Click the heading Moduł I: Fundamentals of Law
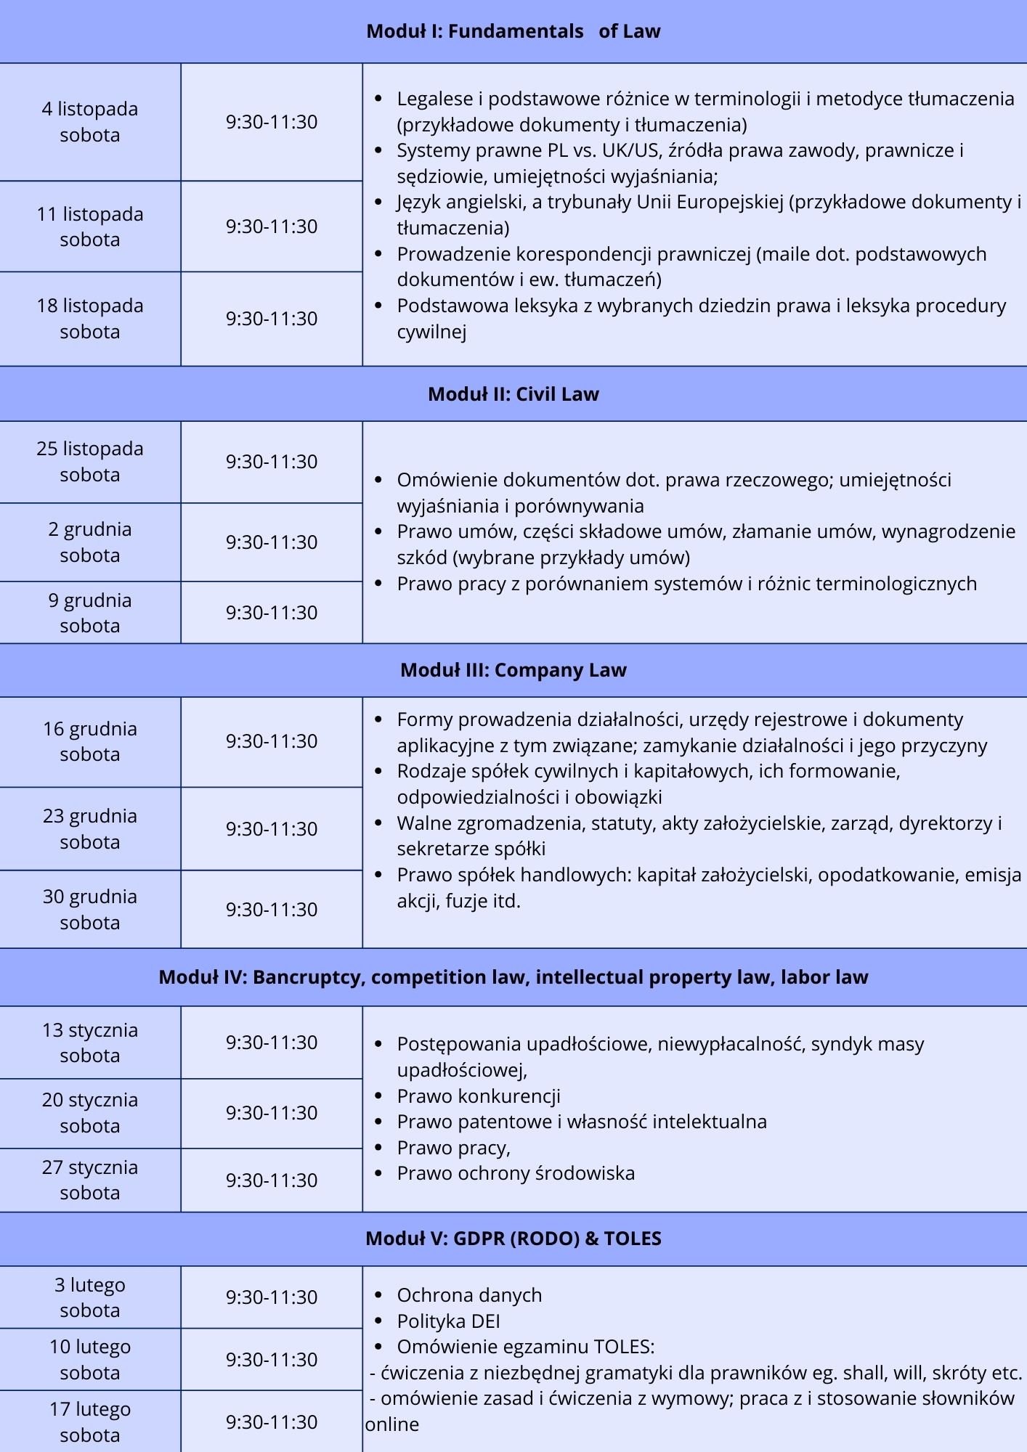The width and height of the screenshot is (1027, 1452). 513,31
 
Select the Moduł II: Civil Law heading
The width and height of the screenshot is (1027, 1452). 513,394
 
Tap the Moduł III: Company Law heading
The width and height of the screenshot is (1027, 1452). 513,670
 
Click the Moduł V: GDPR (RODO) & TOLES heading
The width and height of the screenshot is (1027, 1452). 513,1238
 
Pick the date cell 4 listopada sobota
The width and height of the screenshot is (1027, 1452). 90,122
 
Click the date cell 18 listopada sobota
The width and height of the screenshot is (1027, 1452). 90,319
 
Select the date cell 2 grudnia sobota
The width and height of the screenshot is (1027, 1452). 90,542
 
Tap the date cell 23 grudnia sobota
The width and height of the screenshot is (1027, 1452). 90,829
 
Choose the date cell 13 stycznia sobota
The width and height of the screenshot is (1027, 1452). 90,1043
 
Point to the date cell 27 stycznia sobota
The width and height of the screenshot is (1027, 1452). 90,1180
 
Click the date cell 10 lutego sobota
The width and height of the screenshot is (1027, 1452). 90,1359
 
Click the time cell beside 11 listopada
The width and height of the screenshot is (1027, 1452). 272,227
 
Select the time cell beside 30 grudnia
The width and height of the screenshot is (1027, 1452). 272,910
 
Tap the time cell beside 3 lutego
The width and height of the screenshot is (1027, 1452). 272,1297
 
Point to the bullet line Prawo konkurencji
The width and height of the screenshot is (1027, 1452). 478,1096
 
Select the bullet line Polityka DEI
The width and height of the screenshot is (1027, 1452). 448,1321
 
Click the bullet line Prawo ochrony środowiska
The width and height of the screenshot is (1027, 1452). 515,1173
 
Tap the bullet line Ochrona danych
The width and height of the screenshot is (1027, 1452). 469,1295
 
